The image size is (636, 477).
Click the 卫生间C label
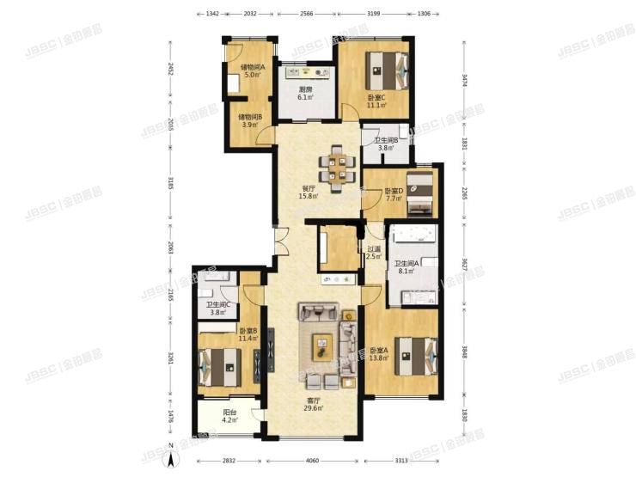tap(217, 307)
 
